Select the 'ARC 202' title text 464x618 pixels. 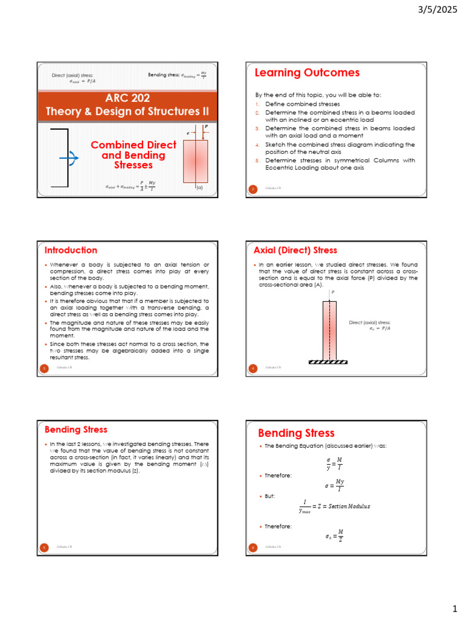tap(127, 98)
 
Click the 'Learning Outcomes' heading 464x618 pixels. tap(307, 73)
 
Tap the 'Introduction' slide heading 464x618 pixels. tap(71, 250)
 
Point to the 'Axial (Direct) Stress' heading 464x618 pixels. tap(295, 250)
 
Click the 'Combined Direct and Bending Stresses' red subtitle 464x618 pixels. tap(133, 155)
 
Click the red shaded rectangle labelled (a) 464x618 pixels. tap(195, 161)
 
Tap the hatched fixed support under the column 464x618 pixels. tap(328, 362)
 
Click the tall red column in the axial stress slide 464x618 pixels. tap(328, 330)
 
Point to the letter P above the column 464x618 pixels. tap(332, 291)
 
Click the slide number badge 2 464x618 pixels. tap(254, 189)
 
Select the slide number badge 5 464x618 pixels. tap(44, 547)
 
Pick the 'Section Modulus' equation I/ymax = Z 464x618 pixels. tap(334, 506)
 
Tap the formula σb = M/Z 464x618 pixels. tap(335, 535)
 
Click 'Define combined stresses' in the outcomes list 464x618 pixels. tap(296, 104)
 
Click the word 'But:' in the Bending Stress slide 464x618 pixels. tap(269, 495)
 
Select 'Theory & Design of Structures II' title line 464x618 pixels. tap(127, 112)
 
